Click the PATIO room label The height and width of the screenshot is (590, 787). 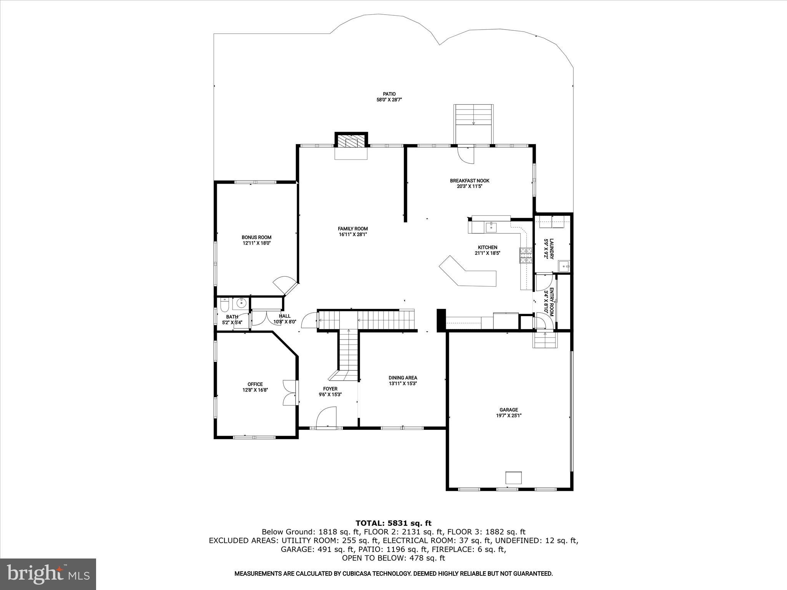click(389, 94)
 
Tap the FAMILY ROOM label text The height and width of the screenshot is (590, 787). click(353, 229)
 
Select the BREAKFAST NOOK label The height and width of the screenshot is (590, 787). click(470, 181)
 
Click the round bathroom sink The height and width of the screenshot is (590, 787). click(241, 303)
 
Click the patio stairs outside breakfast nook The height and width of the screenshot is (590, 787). click(473, 115)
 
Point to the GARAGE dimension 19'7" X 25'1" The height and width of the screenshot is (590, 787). click(508, 415)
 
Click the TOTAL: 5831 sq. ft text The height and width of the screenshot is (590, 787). click(393, 523)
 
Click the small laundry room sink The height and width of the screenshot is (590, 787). click(564, 264)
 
